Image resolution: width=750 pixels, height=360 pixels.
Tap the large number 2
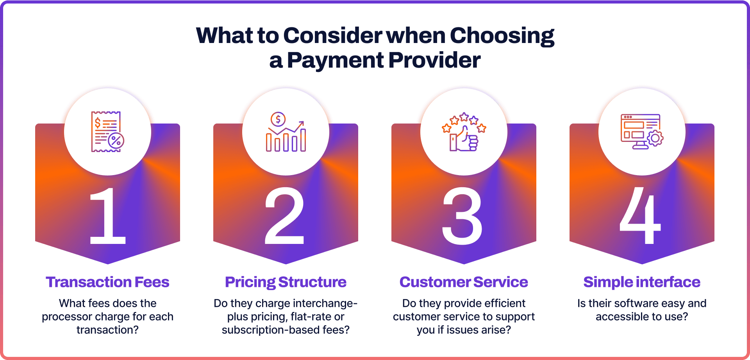285,216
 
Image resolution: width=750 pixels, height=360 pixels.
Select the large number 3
462,216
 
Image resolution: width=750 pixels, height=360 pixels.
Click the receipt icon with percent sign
107,132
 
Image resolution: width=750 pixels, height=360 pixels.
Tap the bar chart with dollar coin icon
286,132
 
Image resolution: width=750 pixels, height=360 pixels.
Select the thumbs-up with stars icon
464,132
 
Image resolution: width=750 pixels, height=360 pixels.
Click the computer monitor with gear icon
642,131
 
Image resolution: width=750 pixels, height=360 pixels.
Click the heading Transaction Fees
107,282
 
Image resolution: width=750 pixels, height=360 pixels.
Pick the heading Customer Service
464,282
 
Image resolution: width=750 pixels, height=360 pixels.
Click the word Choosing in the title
502,36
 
